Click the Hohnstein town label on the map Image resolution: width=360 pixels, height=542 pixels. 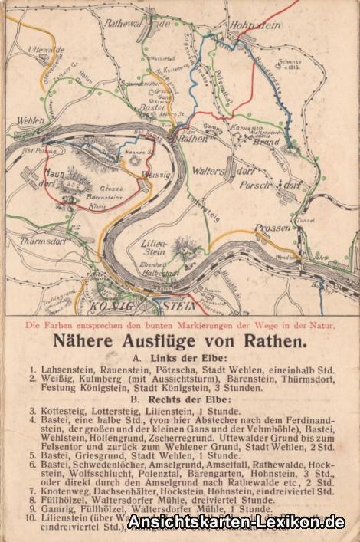[257, 24]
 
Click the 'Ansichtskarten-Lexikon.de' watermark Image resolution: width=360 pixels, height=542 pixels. [236, 522]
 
